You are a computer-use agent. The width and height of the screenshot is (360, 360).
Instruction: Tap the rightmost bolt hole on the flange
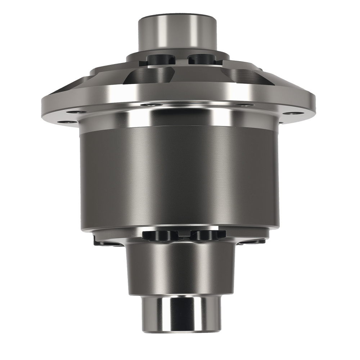292,113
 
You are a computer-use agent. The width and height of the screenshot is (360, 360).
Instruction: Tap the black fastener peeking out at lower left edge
103,242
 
